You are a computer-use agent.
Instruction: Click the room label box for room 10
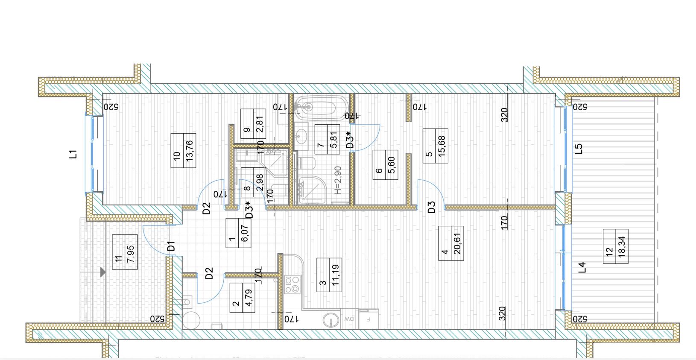(183, 150)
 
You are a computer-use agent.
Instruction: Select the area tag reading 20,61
(457, 243)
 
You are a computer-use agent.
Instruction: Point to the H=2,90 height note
(338, 180)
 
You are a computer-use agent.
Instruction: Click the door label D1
(171, 246)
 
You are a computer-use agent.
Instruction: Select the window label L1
(73, 154)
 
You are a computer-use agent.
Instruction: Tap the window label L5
(578, 149)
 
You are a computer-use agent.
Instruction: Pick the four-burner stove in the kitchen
(292, 285)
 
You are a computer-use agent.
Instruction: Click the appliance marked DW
(349, 318)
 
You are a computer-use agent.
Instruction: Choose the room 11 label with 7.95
(125, 252)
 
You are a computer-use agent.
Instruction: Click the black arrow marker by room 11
(103, 272)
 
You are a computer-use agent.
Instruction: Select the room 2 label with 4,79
(243, 298)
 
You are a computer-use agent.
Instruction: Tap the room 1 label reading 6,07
(238, 233)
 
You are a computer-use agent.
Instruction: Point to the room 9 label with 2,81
(253, 124)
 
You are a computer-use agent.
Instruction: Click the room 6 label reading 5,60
(385, 165)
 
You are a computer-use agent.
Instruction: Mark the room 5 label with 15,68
(435, 146)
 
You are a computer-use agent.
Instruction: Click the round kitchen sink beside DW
(331, 320)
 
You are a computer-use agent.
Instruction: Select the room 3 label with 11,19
(329, 275)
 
